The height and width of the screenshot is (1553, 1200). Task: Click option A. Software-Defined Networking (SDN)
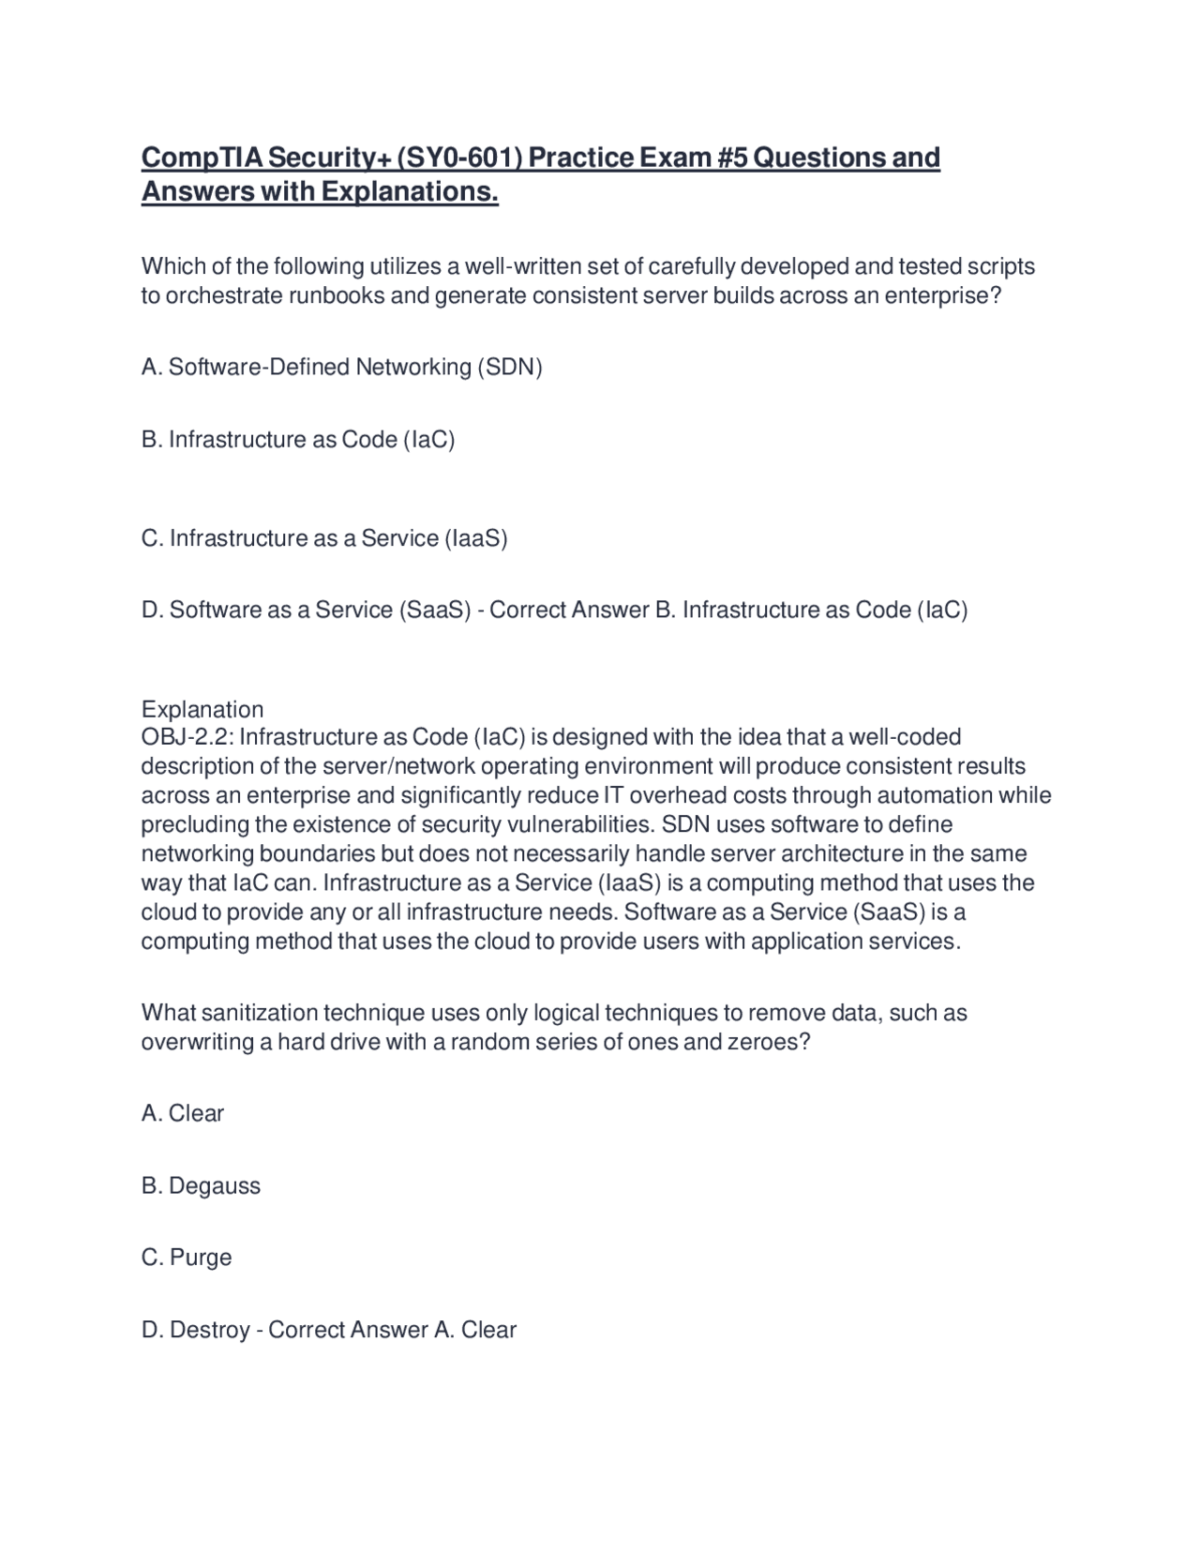point(341,367)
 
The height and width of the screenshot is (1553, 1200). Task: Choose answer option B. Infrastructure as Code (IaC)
point(297,439)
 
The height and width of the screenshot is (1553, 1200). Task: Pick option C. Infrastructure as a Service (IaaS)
point(323,538)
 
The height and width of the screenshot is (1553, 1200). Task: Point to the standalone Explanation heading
point(202,709)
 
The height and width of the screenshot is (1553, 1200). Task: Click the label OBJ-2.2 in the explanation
point(183,737)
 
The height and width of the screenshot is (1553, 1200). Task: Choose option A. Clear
point(183,1113)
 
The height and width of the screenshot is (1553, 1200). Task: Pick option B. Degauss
point(201,1185)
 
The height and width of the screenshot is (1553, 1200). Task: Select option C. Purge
point(187,1257)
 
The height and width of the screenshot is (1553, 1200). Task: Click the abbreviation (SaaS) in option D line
point(434,611)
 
